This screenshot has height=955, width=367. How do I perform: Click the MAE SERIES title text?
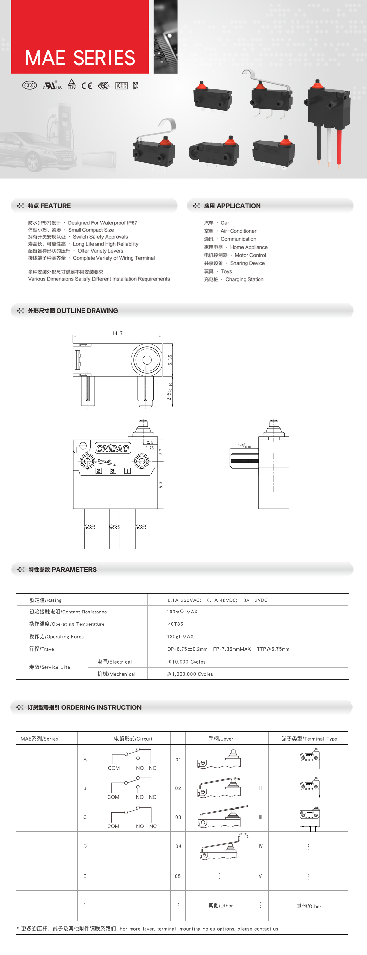pyautogui.click(x=80, y=58)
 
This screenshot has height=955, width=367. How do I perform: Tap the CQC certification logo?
pyautogui.click(x=30, y=85)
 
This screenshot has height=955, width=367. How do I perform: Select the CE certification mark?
pyautogui.click(x=87, y=86)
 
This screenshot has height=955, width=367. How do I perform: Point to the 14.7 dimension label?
pyautogui.click(x=117, y=333)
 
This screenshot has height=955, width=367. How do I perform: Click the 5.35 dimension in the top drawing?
pyautogui.click(x=170, y=360)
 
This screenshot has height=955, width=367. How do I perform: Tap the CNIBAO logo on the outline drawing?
pyautogui.click(x=113, y=448)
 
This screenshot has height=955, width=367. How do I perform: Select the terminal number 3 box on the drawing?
pyautogui.click(x=113, y=470)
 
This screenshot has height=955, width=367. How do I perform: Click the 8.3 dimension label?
pyautogui.click(x=161, y=485)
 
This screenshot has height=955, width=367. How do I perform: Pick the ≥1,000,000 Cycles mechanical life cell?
pyautogui.click(x=190, y=674)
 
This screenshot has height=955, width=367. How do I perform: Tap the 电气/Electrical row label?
pyautogui.click(x=114, y=662)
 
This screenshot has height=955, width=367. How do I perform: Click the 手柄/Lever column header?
pyautogui.click(x=221, y=738)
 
